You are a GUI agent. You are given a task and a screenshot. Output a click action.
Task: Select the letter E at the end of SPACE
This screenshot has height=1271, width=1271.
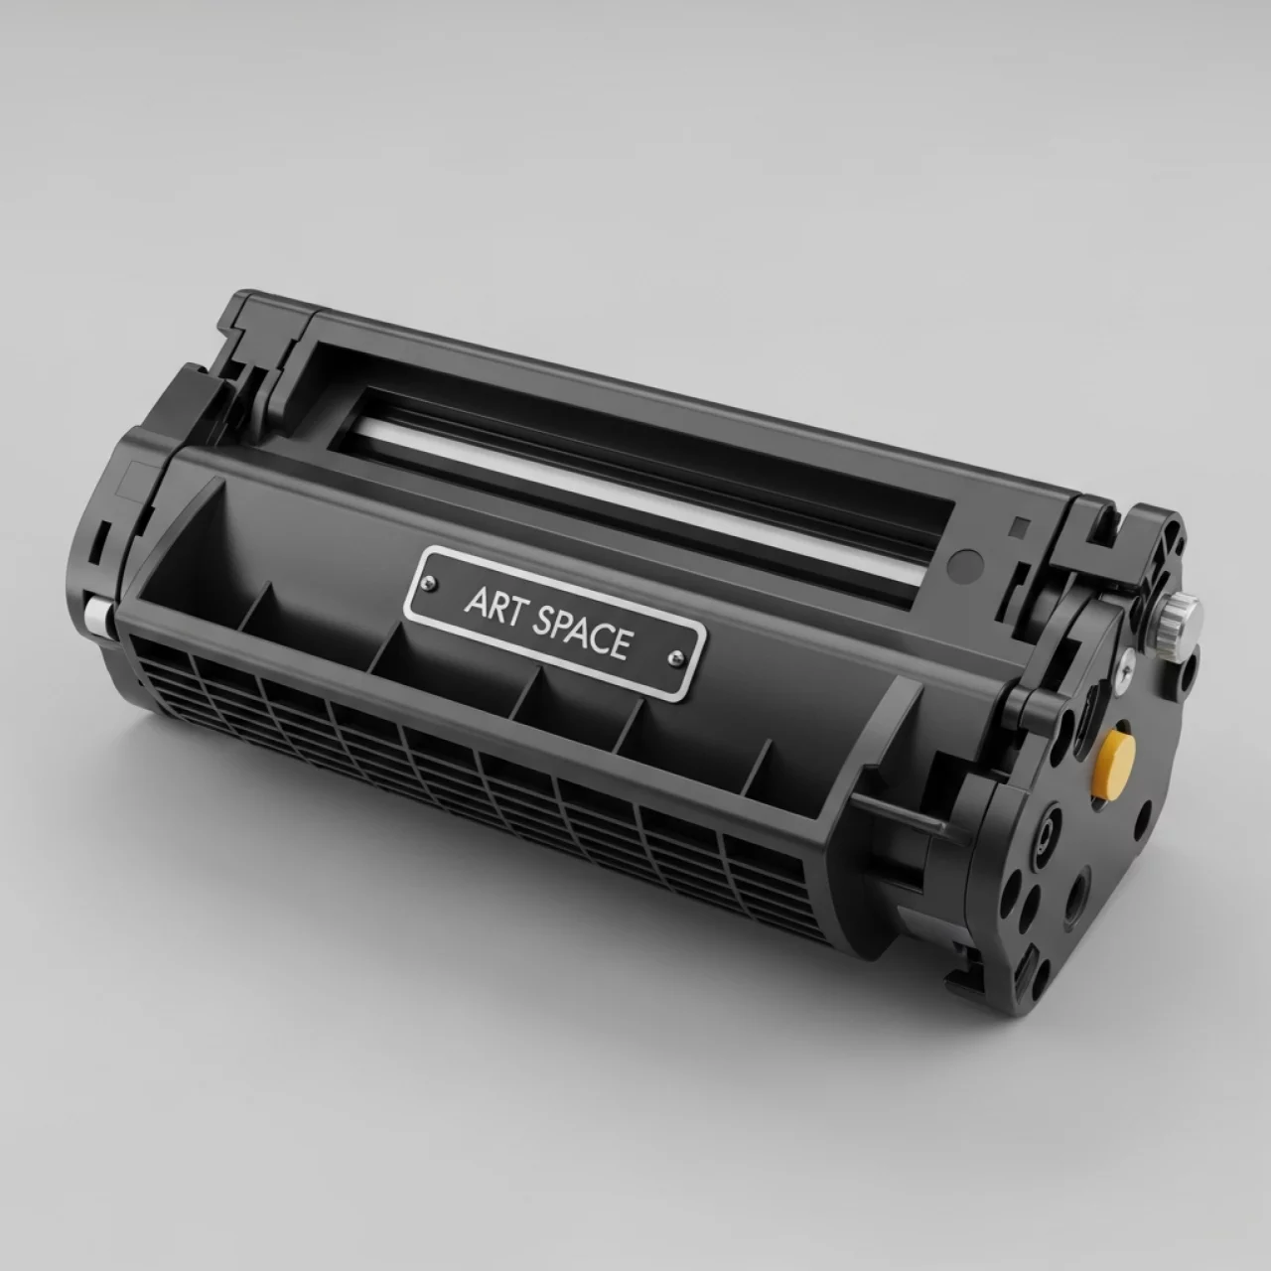(x=621, y=644)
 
